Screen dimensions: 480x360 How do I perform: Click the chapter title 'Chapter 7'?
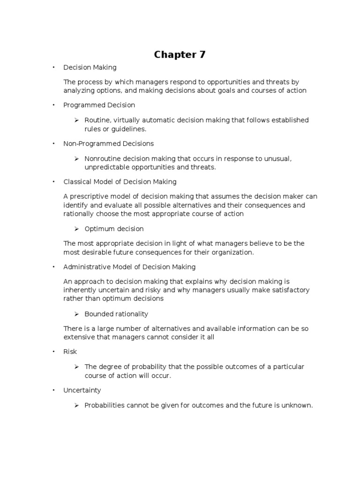(x=180, y=55)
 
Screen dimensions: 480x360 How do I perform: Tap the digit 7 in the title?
(x=202, y=55)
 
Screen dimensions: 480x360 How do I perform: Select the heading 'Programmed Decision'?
(x=99, y=105)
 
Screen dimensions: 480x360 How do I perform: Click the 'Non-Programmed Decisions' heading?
(x=108, y=143)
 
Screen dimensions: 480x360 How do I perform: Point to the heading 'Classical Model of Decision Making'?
(x=120, y=181)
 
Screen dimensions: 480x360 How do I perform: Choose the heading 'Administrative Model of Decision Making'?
(x=129, y=267)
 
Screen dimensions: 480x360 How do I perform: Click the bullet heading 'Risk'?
(x=70, y=352)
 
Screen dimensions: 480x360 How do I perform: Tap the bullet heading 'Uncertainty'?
(x=82, y=390)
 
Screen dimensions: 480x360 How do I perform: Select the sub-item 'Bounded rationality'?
(x=116, y=314)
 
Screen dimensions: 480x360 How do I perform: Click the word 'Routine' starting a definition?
(x=97, y=120)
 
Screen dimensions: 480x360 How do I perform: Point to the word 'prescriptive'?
(x=89, y=196)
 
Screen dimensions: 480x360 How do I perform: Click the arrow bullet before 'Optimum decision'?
(x=77, y=229)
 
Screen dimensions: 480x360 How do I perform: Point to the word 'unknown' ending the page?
(x=298, y=405)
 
